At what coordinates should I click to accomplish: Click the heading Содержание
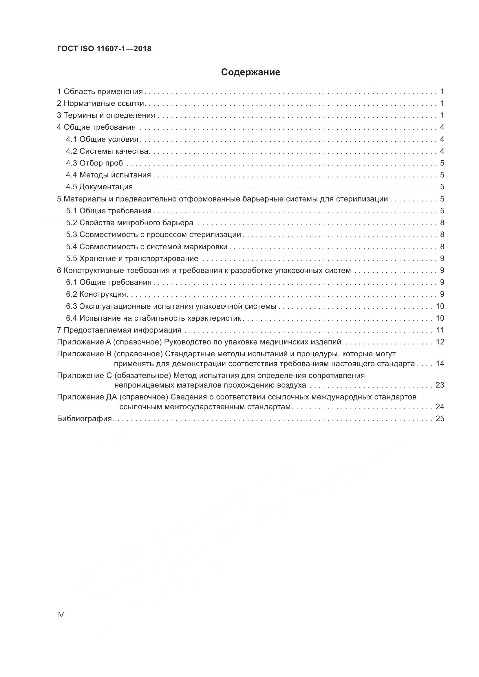click(251, 72)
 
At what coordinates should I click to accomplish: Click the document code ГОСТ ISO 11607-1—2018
click(104, 49)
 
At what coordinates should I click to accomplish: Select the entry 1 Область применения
click(100, 92)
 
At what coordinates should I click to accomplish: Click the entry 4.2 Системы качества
click(108, 151)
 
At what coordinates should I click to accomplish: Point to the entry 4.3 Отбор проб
click(94, 163)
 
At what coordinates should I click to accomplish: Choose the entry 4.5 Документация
click(99, 187)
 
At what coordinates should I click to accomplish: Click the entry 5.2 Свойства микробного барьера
click(129, 223)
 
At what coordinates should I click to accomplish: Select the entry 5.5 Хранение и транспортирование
click(132, 258)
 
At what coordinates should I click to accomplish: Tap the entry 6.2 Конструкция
click(96, 294)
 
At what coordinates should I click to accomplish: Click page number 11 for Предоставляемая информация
click(440, 330)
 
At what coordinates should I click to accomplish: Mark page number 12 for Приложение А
click(440, 342)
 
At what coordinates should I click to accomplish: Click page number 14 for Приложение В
click(440, 364)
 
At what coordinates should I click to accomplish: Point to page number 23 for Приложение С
click(440, 385)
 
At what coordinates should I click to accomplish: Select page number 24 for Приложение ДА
click(440, 407)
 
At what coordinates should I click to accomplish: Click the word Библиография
click(84, 419)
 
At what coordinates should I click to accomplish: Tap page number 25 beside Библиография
click(440, 419)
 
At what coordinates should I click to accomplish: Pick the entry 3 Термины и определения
click(106, 115)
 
